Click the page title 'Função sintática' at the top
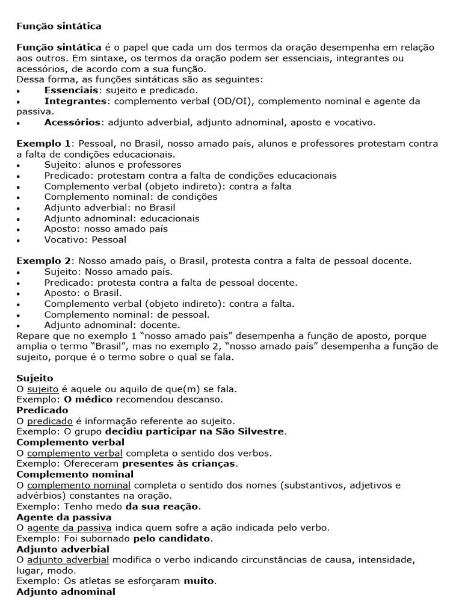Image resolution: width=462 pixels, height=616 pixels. pos(58,26)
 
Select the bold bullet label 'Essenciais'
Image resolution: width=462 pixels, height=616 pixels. pos(71,90)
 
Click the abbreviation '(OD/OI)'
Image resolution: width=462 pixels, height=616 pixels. pos(239,100)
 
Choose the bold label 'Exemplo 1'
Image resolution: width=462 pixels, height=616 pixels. pos(43,144)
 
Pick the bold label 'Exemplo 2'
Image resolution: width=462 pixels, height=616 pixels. pos(43,260)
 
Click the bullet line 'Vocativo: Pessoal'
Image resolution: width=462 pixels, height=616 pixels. pos(85,239)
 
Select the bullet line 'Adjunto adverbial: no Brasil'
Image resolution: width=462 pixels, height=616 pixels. pos(105,208)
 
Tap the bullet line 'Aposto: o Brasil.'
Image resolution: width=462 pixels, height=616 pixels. pos(83,293)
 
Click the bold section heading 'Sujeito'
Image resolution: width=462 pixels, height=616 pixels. pos(35,378)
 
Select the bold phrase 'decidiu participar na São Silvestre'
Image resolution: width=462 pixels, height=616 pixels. pos(196,431)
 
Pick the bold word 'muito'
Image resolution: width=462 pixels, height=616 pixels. pos(199,581)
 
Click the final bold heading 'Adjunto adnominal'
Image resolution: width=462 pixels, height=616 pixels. pos(66,592)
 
